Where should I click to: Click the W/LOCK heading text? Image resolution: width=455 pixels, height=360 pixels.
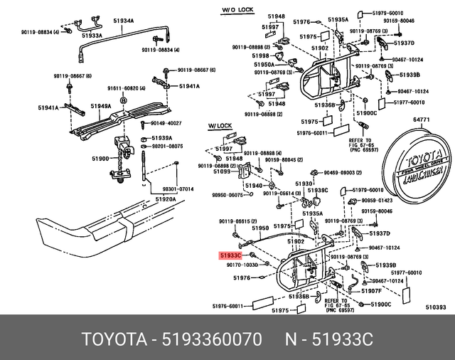pyautogui.click(x=220, y=125)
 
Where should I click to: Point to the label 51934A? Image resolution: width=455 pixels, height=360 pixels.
pyautogui.click(x=121, y=21)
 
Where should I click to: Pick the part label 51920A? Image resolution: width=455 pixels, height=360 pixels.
pyautogui.click(x=166, y=199)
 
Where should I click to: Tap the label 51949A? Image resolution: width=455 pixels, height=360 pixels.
pyautogui.click(x=100, y=106)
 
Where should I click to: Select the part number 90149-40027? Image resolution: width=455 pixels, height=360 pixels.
pyautogui.click(x=164, y=124)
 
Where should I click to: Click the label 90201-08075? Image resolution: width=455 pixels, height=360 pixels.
pyautogui.click(x=167, y=146)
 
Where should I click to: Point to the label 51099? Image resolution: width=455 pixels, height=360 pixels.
pyautogui.click(x=222, y=171)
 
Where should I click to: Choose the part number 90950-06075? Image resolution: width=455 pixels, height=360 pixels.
pyautogui.click(x=227, y=195)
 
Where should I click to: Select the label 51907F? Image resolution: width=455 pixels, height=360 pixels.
pyautogui.click(x=371, y=290)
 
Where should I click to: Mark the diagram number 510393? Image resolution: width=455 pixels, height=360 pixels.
pyautogui.click(x=435, y=307)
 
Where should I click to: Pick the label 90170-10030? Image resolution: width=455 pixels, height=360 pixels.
pyautogui.click(x=244, y=265)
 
